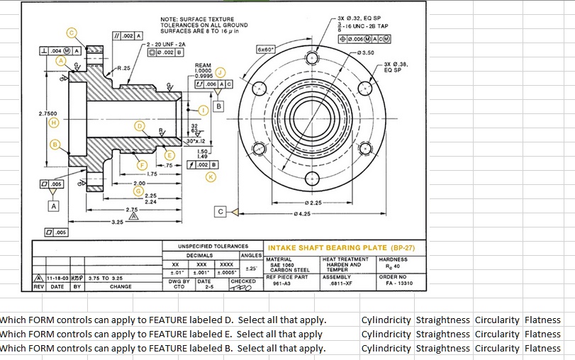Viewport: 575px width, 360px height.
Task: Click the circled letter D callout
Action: pyautogui.click(x=140, y=125)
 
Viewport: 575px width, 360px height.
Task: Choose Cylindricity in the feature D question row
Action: pyautogui.click(x=386, y=320)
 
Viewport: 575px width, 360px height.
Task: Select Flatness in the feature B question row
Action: pyautogui.click(x=542, y=348)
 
